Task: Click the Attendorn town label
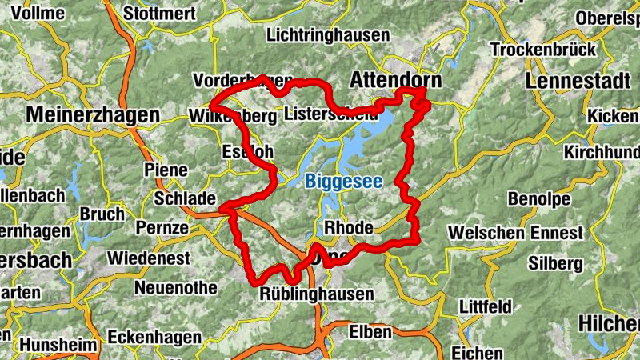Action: pyautogui.click(x=396, y=81)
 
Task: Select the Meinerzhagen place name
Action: pyautogui.click(x=93, y=115)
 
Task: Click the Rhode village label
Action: pyautogui.click(x=350, y=228)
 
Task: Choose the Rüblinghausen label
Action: pyautogui.click(x=317, y=294)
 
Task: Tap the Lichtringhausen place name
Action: pyautogui.click(x=328, y=35)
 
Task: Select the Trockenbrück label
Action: pyautogui.click(x=543, y=50)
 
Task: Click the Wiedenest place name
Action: pyautogui.click(x=148, y=258)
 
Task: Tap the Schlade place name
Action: pyautogui.click(x=185, y=198)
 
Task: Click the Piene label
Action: pyautogui.click(x=166, y=170)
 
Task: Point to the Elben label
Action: pyautogui.click(x=370, y=331)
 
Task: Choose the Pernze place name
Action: pyautogui.click(x=162, y=228)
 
